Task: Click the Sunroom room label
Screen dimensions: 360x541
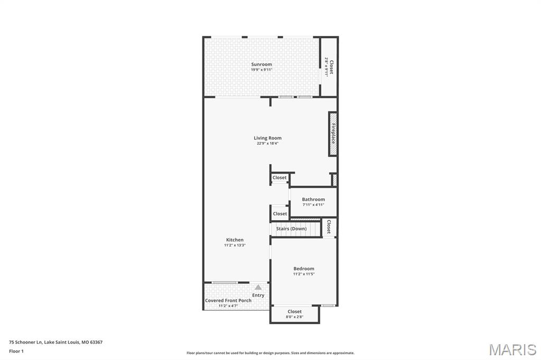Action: [262, 64]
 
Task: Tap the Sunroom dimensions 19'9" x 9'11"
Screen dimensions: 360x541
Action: [262, 70]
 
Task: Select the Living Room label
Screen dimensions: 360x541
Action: [267, 138]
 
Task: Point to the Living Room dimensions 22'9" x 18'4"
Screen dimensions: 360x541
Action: [267, 143]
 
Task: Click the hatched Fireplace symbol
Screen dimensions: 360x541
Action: [333, 134]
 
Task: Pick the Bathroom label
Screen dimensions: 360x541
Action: [313, 200]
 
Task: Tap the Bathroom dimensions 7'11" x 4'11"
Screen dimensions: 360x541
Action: [313, 205]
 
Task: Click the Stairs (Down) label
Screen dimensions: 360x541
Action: [291, 229]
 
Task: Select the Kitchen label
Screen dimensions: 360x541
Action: [235, 240]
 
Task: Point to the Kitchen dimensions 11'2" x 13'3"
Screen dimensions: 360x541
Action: [235, 245]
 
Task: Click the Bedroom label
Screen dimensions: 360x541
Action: [304, 269]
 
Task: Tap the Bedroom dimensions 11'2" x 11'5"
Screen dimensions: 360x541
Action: [304, 274]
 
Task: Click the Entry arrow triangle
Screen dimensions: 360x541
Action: [258, 287]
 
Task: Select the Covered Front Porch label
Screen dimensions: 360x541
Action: [228, 300]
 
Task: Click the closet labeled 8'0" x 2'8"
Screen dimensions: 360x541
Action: [295, 314]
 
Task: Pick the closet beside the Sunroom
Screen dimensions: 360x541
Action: [329, 67]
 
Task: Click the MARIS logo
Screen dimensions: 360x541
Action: [512, 349]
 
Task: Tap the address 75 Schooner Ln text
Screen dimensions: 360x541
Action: [56, 342]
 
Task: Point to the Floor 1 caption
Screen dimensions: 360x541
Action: [16, 350]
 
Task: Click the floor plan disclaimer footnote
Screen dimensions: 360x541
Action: [270, 353]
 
